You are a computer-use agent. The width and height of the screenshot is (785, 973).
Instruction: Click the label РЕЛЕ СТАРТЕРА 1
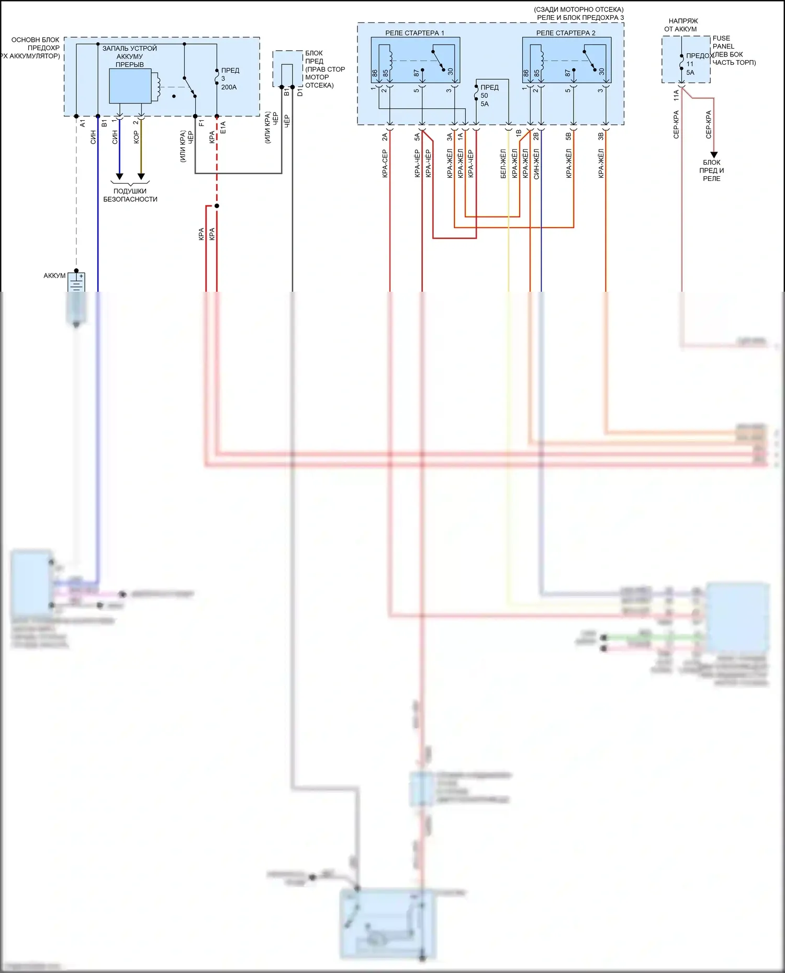[x=414, y=33]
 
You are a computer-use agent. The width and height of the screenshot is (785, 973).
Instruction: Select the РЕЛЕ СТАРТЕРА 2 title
[x=566, y=33]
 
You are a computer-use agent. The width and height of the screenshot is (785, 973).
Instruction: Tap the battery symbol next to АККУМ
[x=77, y=283]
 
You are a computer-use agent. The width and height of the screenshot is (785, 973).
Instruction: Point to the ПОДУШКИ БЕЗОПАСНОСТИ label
[x=130, y=195]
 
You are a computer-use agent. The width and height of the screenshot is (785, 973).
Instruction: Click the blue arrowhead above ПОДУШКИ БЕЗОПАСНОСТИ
[x=119, y=176]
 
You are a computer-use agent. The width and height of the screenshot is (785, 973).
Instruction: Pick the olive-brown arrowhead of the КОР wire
[x=141, y=176]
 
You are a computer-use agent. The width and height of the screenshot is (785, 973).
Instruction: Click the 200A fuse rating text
[x=229, y=87]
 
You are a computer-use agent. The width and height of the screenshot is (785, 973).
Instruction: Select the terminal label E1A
[x=223, y=128]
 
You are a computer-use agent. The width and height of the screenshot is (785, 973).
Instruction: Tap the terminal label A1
[x=83, y=123]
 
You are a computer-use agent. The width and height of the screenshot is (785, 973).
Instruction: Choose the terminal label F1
[x=201, y=123]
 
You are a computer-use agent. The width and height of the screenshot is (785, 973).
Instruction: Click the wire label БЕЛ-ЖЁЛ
[x=503, y=164]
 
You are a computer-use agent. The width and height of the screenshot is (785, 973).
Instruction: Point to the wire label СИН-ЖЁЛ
[x=536, y=164]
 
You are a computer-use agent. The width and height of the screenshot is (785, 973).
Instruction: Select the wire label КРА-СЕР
[x=385, y=164]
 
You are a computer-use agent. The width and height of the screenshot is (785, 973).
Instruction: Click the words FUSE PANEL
[x=723, y=42]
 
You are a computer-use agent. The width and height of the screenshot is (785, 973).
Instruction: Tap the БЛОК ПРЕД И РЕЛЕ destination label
[x=712, y=170]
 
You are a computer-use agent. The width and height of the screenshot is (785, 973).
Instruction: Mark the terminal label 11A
[x=676, y=95]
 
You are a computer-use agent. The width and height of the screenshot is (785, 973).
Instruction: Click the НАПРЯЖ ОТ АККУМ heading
[x=682, y=25]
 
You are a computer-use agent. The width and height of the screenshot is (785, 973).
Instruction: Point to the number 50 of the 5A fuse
[x=484, y=96]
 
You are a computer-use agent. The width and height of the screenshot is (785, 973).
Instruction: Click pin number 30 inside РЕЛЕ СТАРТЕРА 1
[x=450, y=72]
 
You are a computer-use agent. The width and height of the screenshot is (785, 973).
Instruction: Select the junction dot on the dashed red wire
[x=217, y=206]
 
